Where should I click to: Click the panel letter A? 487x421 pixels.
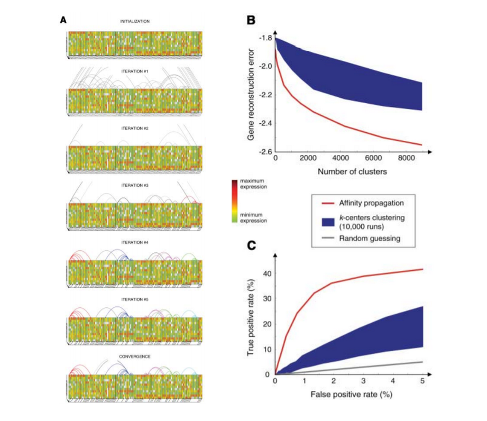pyautogui.click(x=63, y=20)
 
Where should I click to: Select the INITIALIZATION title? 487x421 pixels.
pyautogui.click(x=135, y=22)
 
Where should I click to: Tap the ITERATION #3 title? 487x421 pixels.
pyautogui.click(x=135, y=186)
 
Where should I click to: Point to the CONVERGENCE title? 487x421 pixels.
pyautogui.click(x=135, y=356)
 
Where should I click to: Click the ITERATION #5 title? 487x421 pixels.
pyautogui.click(x=135, y=299)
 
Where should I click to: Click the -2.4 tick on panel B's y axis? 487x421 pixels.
pyautogui.click(x=265, y=124)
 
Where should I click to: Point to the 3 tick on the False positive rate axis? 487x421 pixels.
pyautogui.click(x=363, y=381)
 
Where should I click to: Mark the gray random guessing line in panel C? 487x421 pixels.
pyautogui.click(x=370, y=368)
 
